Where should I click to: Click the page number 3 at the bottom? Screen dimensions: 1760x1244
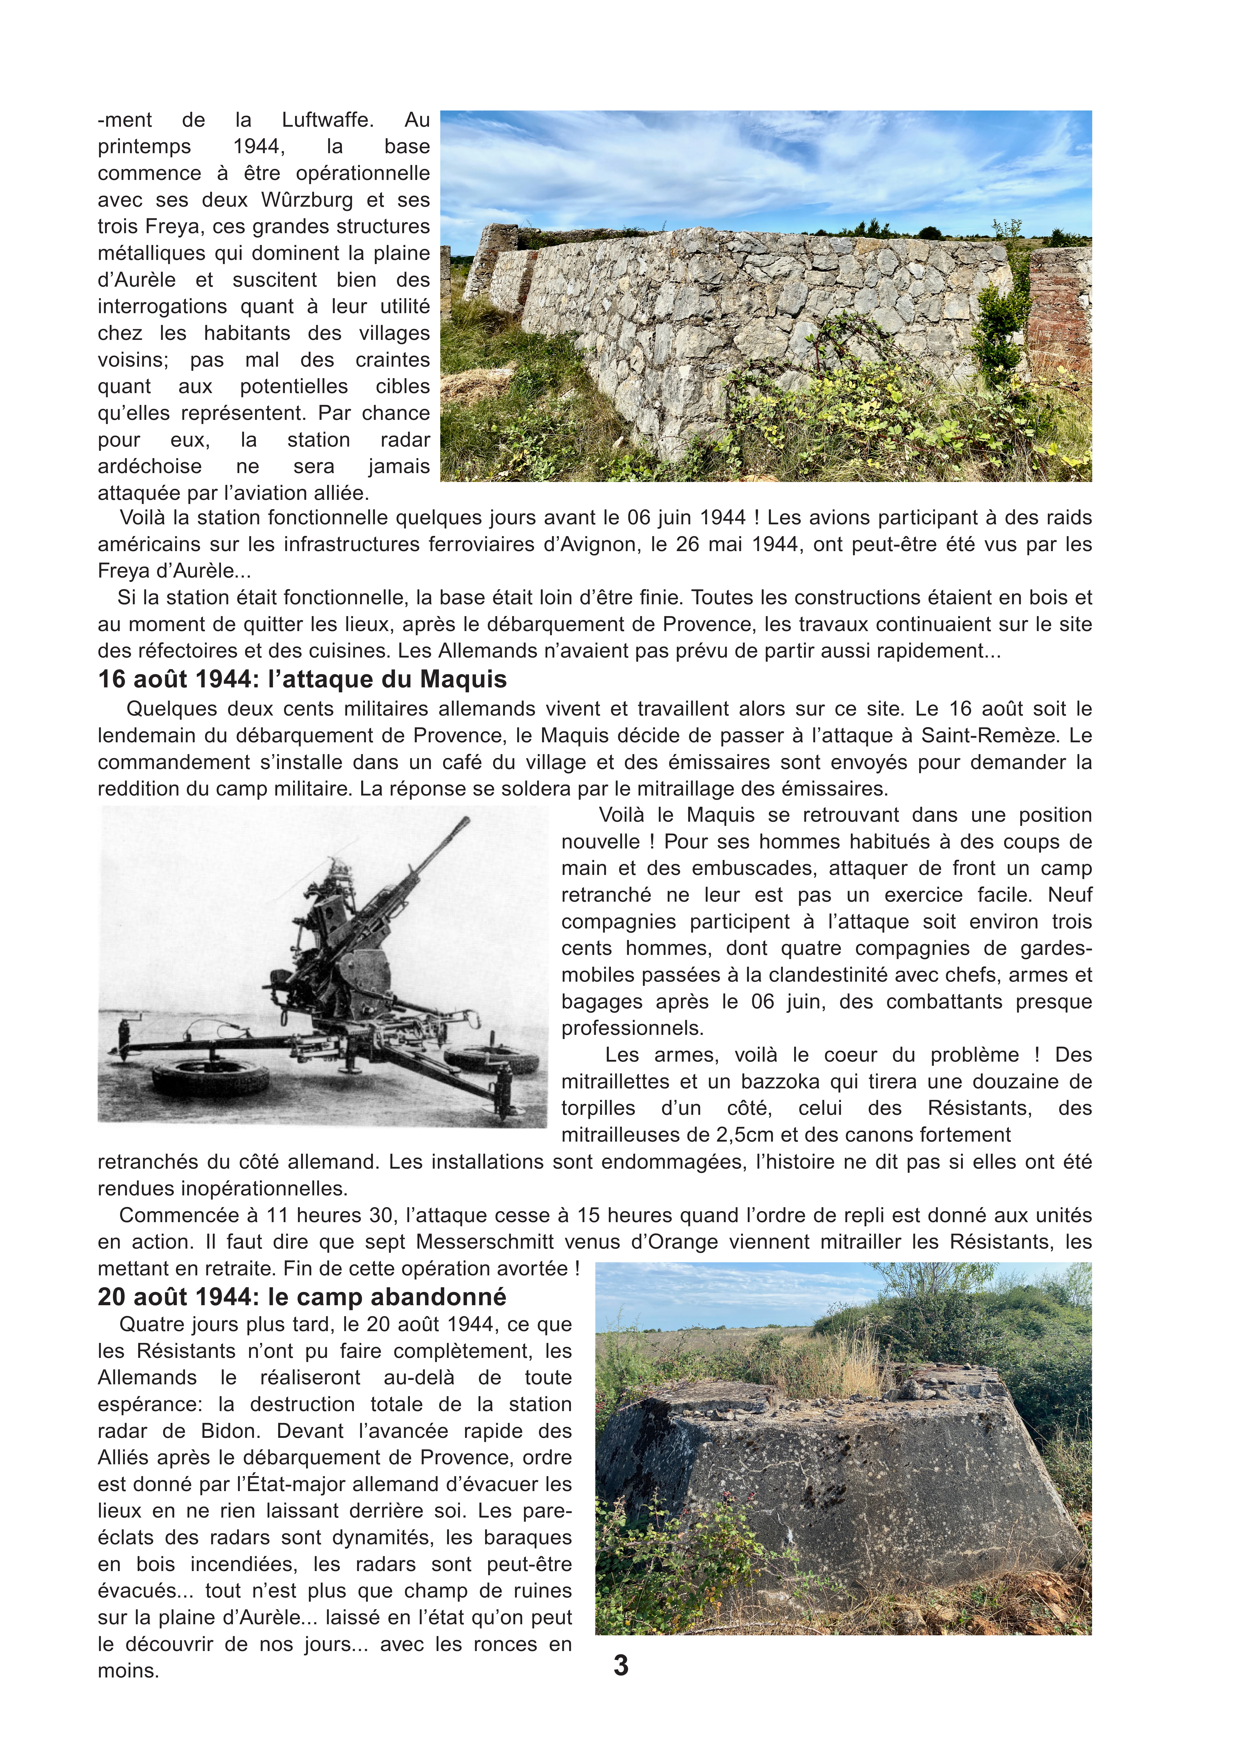[x=621, y=1665]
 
